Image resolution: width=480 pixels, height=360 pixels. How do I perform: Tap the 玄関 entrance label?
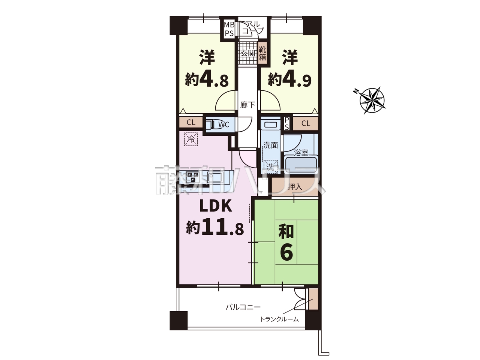[x=247, y=53]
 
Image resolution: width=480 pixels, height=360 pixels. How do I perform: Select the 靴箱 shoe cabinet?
[x=262, y=53]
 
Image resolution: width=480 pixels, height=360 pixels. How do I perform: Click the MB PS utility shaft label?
[x=229, y=29]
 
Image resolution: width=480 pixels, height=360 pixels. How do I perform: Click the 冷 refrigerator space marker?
[x=191, y=139]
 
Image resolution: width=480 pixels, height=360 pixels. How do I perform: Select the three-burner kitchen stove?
[x=192, y=177]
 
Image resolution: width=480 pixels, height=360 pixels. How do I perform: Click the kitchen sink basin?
[x=215, y=177]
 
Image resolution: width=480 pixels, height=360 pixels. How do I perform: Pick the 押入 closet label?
[x=295, y=187]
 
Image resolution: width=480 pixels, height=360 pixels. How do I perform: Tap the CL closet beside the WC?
[x=191, y=122]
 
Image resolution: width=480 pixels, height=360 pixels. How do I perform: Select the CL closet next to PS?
[x=306, y=123]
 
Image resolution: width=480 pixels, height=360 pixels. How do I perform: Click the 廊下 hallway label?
[x=247, y=105]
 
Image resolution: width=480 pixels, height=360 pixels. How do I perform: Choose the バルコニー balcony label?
[x=243, y=307]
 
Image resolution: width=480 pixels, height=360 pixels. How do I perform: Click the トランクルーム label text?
[x=279, y=319]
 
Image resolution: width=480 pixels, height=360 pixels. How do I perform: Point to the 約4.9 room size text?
[x=289, y=80]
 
